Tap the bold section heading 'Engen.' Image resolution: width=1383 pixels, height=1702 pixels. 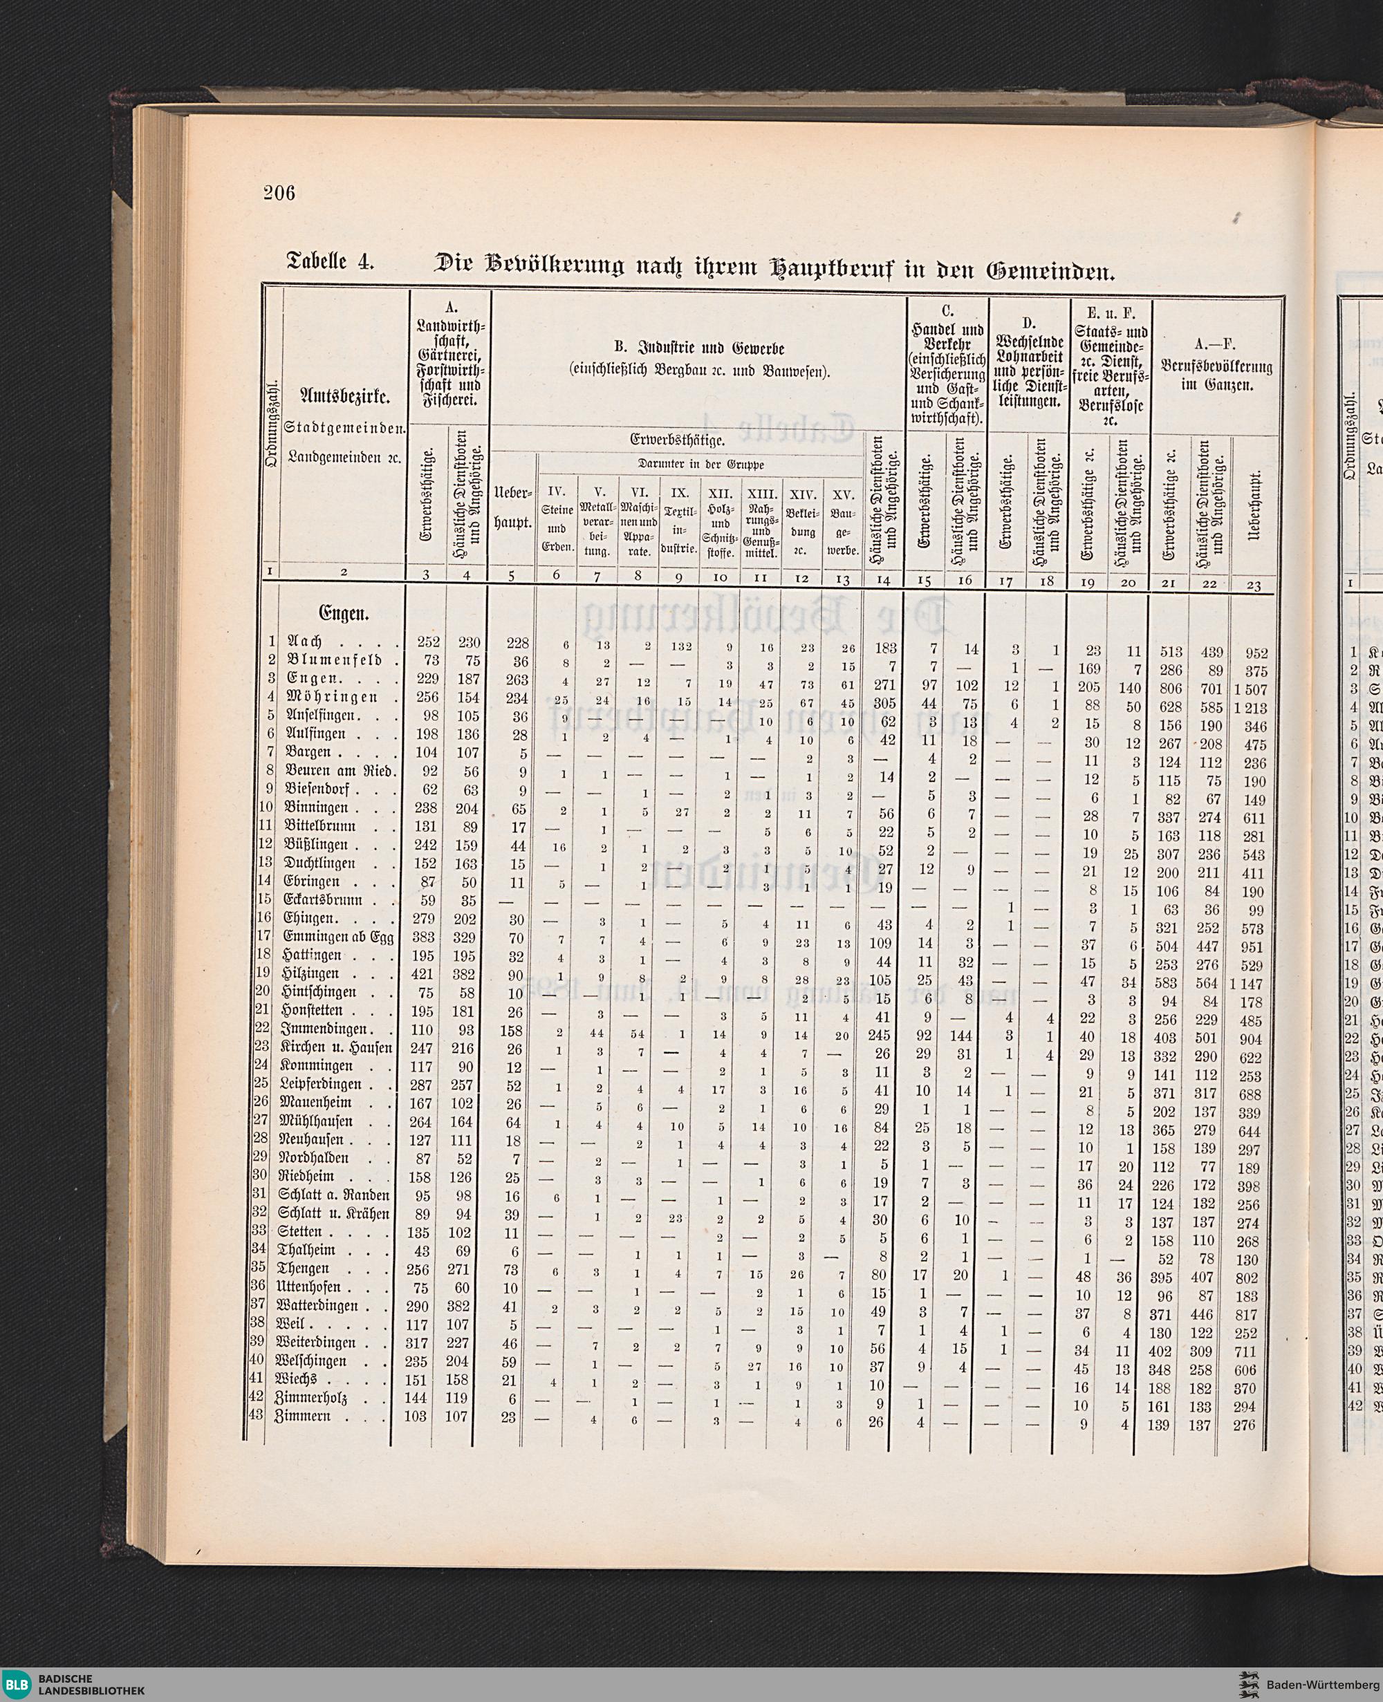[344, 614]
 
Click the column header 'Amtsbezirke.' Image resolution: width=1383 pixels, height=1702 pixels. [344, 396]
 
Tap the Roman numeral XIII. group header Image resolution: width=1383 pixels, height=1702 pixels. [761, 493]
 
